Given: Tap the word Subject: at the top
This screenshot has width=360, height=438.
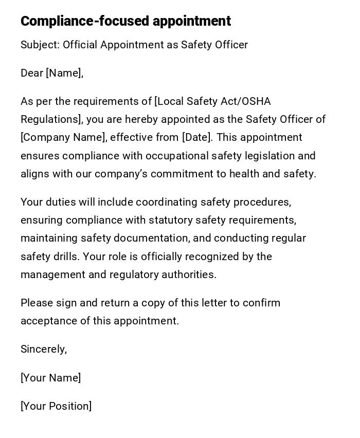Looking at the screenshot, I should coord(40,45).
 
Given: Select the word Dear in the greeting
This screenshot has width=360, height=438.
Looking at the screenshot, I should coord(32,73).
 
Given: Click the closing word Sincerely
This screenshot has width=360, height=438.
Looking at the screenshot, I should coord(44,350).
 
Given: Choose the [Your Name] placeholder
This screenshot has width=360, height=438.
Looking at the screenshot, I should coord(51,378).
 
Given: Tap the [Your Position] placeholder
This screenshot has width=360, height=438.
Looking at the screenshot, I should coord(56,406).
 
